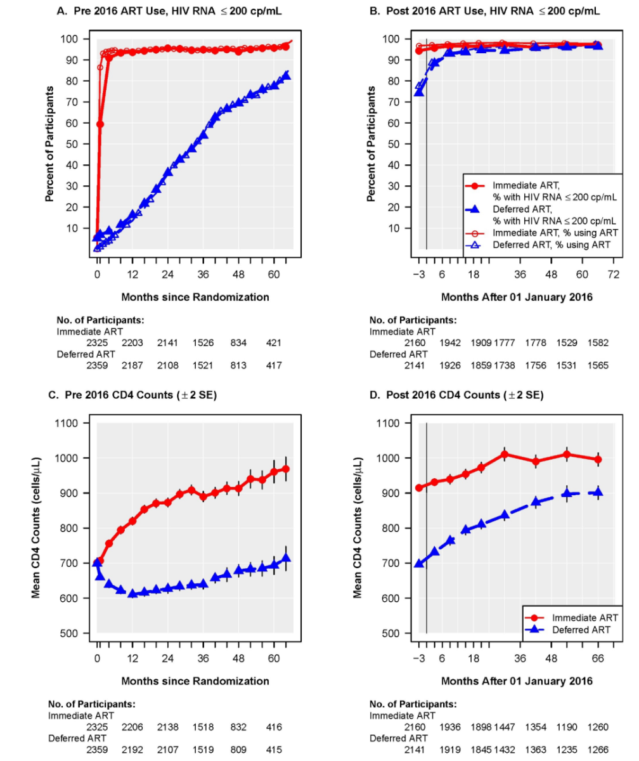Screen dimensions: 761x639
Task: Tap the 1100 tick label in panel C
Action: click(x=75, y=423)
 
